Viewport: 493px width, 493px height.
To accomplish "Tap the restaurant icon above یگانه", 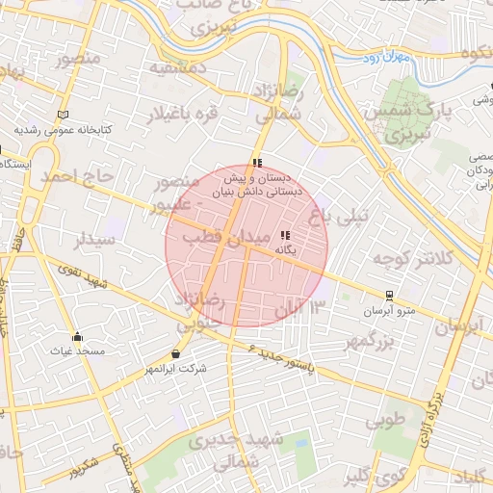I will point(284,235).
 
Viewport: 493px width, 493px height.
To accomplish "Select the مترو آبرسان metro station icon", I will point(389,295).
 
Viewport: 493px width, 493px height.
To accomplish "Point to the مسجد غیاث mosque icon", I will point(77,336).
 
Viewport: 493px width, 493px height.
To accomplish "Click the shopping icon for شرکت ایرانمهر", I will point(175,353).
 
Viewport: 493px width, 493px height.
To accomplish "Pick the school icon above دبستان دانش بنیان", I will point(256,163).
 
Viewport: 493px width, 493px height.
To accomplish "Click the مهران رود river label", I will point(415,59).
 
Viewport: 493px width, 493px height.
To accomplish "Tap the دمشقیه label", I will point(178,68).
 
